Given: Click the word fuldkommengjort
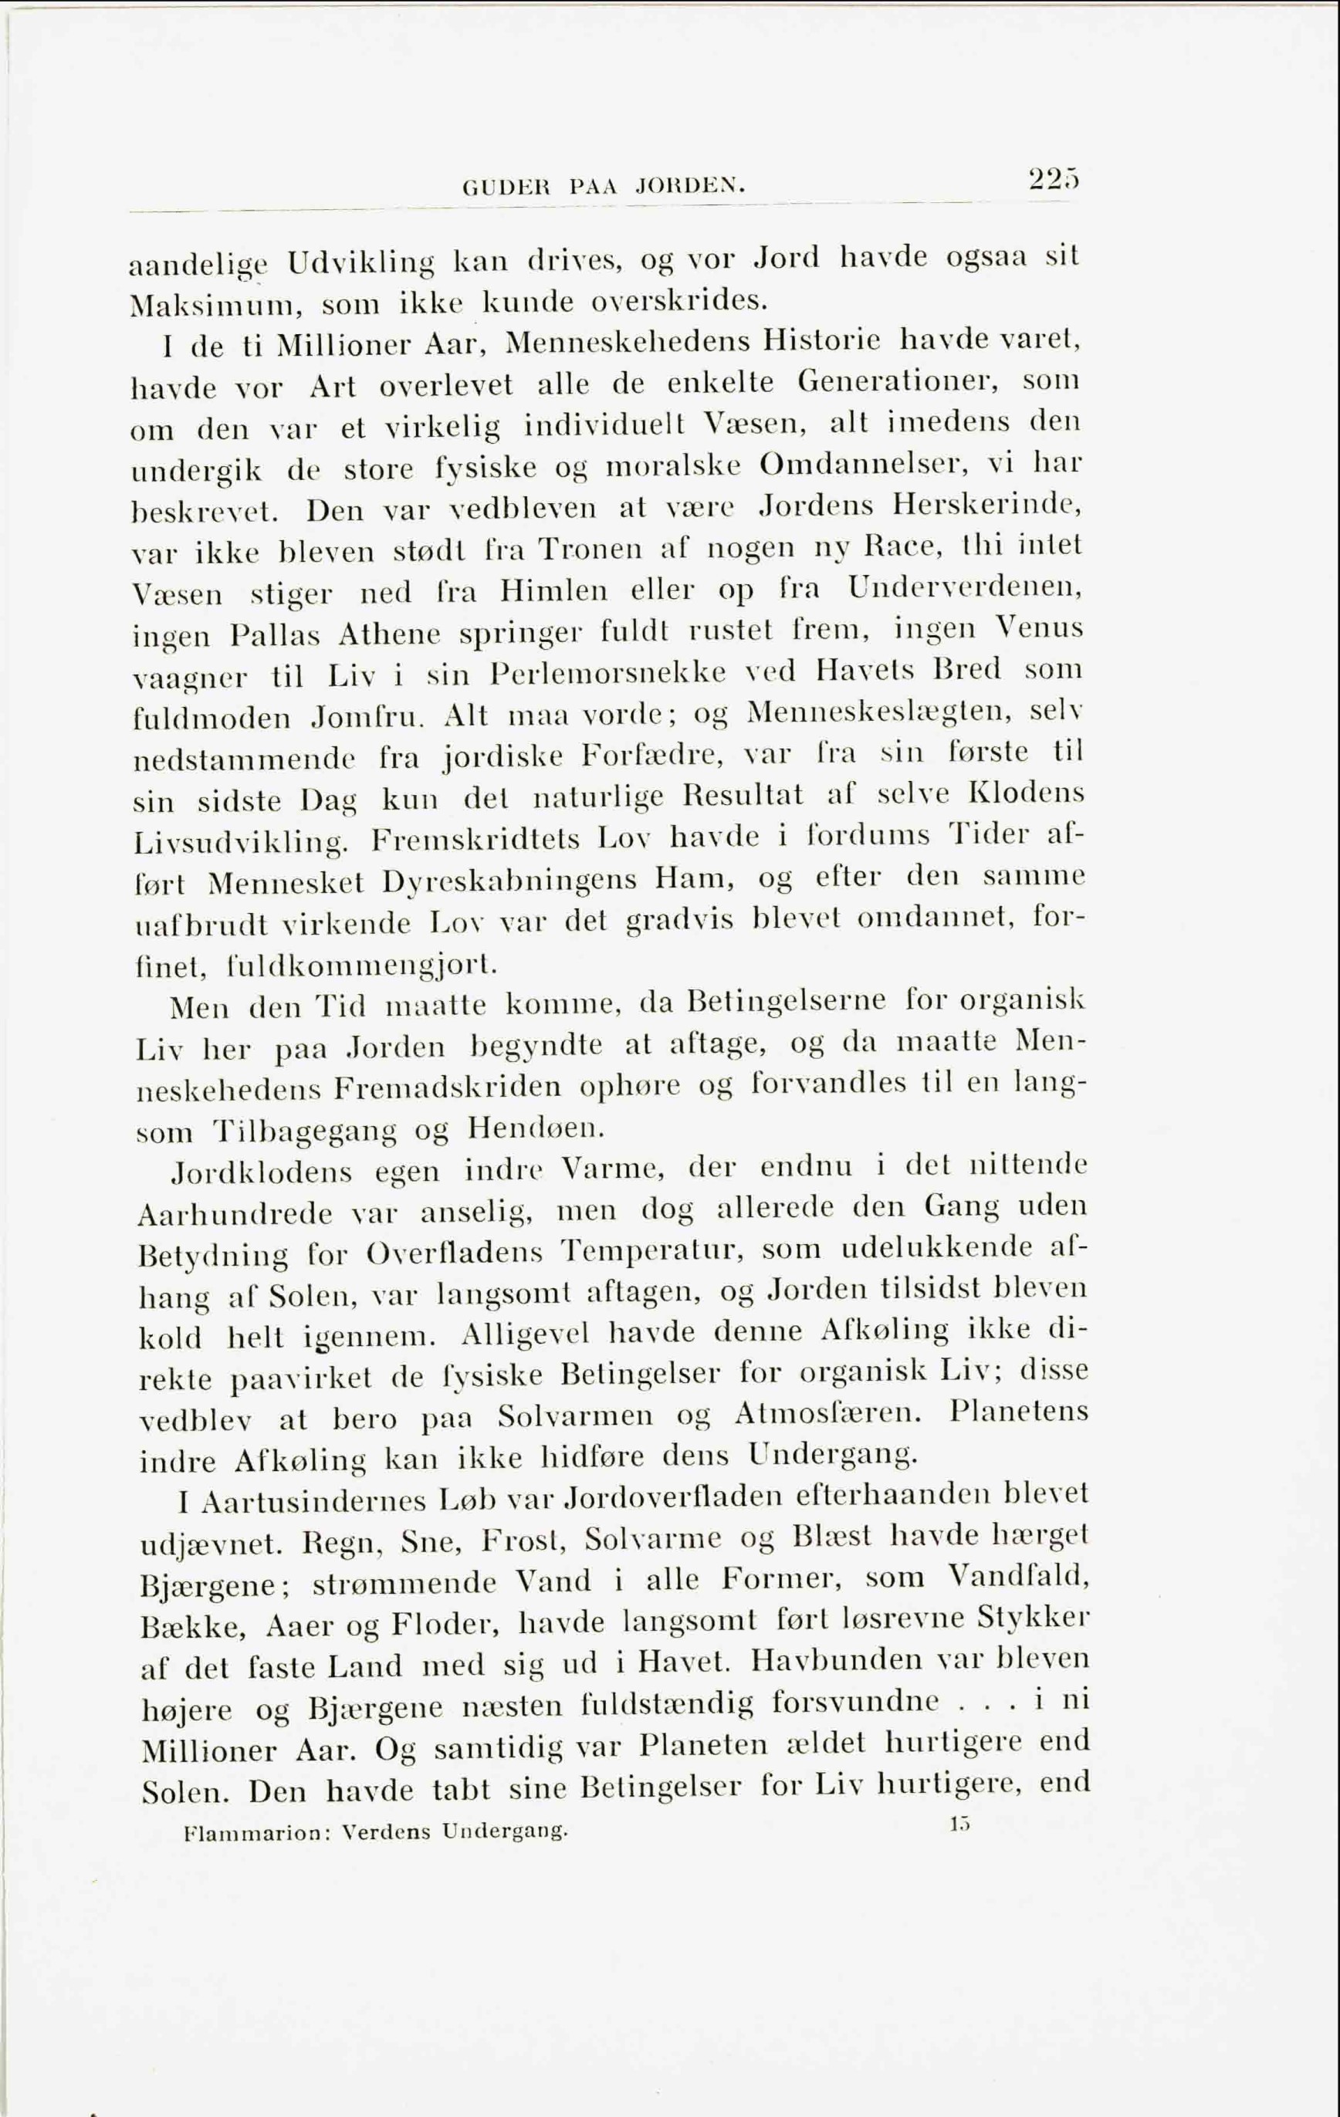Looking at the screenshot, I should click(361, 966).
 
